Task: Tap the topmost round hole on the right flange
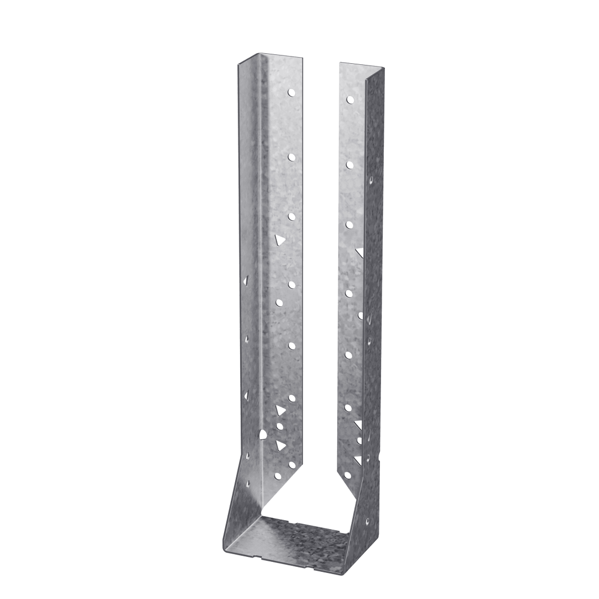click(350, 100)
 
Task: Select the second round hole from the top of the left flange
click(291, 157)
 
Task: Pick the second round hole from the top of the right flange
click(350, 164)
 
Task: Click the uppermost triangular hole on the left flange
click(280, 240)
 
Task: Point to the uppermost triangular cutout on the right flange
click(360, 252)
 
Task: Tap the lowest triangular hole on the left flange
click(280, 445)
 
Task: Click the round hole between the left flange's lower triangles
click(279, 427)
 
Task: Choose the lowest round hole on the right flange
click(347, 475)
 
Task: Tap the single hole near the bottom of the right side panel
click(367, 521)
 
